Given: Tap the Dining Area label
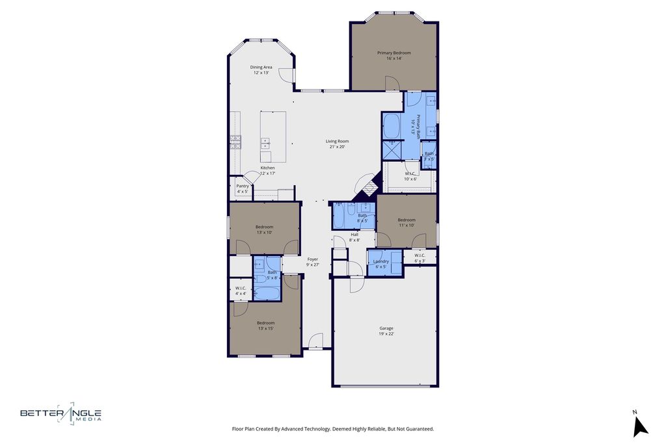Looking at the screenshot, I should (261, 67).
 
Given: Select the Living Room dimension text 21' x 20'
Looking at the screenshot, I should (337, 147).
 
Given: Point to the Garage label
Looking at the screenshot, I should (386, 328).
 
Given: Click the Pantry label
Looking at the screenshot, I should (242, 186).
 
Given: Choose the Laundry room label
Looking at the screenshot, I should (381, 261).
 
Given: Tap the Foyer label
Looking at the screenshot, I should (313, 259).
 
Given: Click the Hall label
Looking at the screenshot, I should (354, 235).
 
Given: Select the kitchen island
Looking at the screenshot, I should (274, 137).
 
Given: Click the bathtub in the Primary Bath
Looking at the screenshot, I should (392, 126).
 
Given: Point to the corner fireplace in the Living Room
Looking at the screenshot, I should (367, 187).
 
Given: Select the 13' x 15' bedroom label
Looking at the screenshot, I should (265, 323).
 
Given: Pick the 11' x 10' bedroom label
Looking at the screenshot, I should (406, 220).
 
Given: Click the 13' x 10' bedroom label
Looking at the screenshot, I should (264, 227).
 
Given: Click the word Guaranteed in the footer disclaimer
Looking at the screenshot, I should (420, 429).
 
